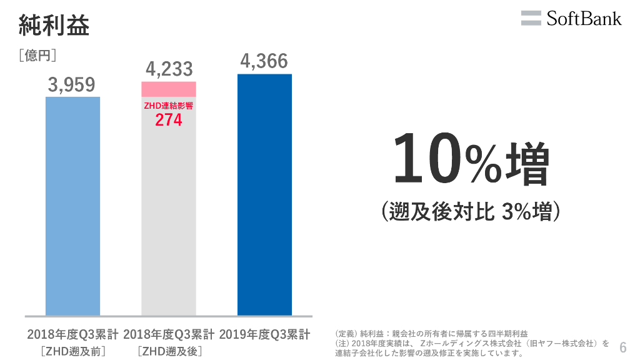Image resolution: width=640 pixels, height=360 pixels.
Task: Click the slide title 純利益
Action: coord(54,26)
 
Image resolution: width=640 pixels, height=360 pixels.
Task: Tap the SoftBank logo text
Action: coord(584,18)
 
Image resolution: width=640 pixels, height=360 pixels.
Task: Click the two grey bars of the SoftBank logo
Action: coord(531,18)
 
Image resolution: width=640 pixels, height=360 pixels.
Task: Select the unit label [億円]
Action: coord(38,56)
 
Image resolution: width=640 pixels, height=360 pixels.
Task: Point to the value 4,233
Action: coord(169,69)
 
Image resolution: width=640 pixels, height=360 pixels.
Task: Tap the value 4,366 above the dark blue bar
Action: coord(264,61)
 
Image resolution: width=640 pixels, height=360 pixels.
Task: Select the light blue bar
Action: coord(72,206)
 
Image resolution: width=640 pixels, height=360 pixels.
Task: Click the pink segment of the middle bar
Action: coord(169,89)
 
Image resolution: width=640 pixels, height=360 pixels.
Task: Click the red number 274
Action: coord(169,120)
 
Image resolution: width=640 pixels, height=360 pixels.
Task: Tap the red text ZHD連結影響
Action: coord(169,106)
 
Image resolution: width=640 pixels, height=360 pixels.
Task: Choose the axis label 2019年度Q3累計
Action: coord(264,334)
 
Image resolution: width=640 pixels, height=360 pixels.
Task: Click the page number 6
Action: coord(622,347)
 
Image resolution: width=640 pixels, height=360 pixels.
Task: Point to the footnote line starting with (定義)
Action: coord(431,334)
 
